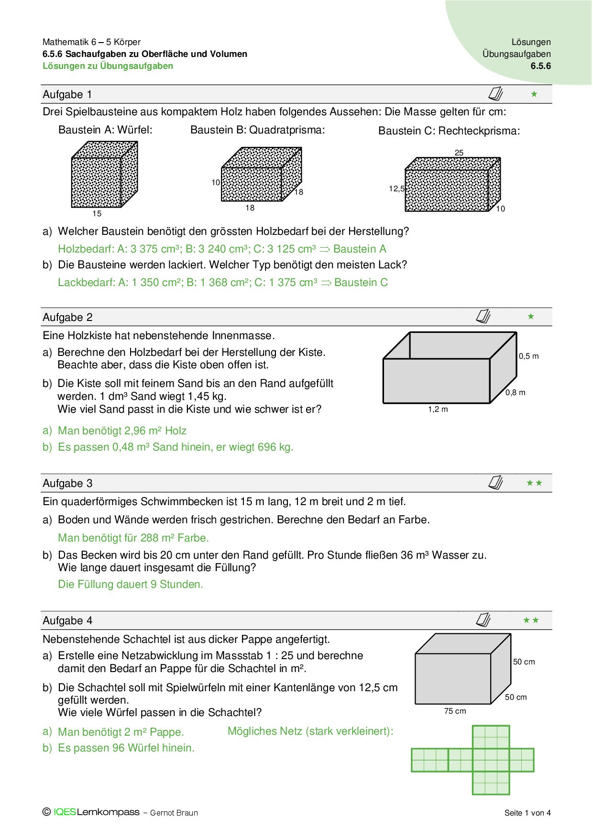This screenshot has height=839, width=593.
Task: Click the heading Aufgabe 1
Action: tap(67, 95)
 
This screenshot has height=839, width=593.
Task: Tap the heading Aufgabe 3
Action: tap(67, 484)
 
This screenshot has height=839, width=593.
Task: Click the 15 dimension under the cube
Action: tap(97, 214)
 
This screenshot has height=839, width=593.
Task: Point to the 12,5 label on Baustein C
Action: tap(396, 189)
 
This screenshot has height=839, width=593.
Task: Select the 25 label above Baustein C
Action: tap(459, 153)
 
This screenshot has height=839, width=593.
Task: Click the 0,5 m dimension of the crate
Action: tap(528, 356)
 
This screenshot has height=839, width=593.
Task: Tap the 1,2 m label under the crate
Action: tap(438, 409)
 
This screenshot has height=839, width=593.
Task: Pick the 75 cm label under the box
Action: tap(455, 711)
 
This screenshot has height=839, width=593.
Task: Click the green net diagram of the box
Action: tap(472, 760)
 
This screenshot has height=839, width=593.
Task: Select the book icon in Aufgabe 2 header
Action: tap(483, 316)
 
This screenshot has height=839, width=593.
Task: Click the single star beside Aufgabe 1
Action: tap(534, 94)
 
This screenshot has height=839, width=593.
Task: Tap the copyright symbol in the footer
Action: tap(46, 812)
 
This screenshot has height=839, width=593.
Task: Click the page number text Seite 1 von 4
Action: tap(527, 813)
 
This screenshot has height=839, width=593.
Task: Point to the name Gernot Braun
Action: tap(174, 813)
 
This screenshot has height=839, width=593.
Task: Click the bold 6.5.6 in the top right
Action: tap(540, 66)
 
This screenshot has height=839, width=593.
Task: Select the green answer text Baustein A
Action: tap(360, 249)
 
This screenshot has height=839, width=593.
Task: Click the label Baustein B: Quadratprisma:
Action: tap(257, 130)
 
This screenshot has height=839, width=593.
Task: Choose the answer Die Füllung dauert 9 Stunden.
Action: tap(130, 585)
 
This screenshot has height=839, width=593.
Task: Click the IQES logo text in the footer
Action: tap(65, 812)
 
